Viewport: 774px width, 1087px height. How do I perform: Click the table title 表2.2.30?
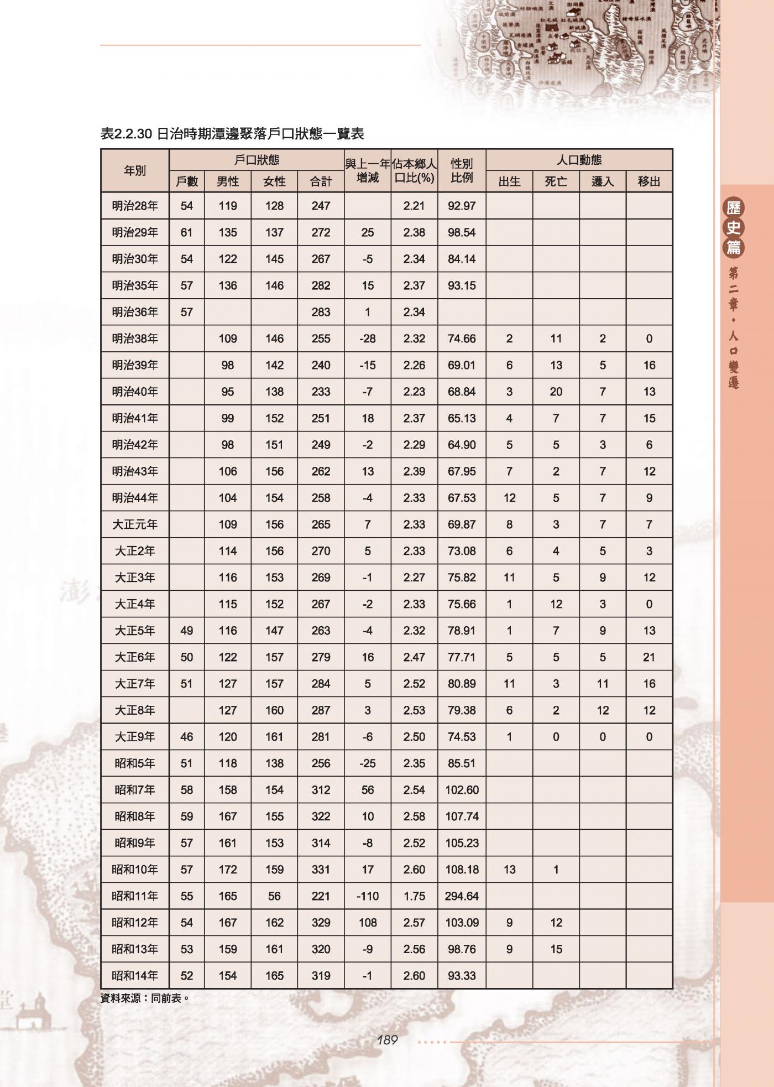[232, 134]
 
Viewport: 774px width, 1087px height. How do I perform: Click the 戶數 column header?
[187, 181]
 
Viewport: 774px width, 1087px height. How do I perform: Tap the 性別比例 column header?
[462, 170]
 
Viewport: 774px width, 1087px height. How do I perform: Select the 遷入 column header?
[603, 181]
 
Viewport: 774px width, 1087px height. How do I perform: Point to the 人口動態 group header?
[579, 160]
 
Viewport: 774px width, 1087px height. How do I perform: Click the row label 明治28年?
[135, 206]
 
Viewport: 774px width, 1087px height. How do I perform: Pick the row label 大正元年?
[135, 524]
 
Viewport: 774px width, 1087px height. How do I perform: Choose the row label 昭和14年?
[135, 976]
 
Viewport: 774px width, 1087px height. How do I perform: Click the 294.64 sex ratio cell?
[462, 896]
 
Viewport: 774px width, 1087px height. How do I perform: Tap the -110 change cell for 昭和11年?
[368, 896]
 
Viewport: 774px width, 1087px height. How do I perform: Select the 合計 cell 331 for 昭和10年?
[321, 870]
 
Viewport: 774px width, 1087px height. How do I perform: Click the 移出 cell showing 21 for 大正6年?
[649, 657]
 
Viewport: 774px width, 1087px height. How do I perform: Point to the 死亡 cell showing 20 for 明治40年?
[556, 392]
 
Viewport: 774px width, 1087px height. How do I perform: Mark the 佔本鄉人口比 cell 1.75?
[414, 896]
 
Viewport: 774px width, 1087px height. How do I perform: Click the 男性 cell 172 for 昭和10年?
[228, 870]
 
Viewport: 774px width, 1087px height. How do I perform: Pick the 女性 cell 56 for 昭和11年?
[274, 896]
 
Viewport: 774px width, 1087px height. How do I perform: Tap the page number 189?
[387, 1040]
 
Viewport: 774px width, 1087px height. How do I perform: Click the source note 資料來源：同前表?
[145, 998]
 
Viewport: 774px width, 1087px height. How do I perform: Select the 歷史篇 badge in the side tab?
[734, 227]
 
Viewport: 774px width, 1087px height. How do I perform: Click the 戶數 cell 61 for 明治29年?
[187, 232]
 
